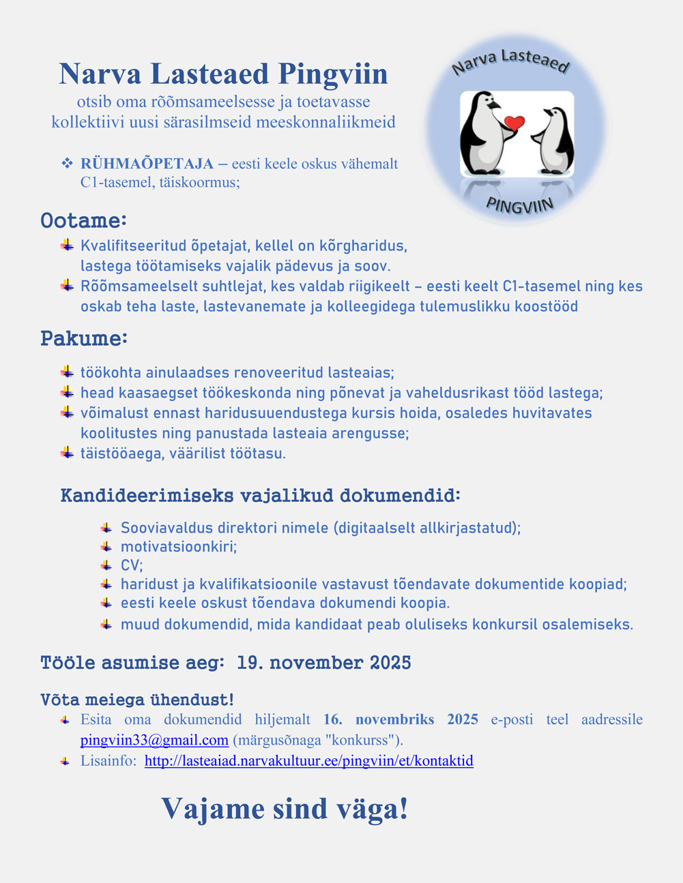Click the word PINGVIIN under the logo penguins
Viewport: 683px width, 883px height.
[520, 203]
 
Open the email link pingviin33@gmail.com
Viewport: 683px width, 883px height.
[154, 740]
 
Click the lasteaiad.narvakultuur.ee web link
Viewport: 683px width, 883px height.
[308, 761]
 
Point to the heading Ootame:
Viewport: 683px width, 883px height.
[84, 221]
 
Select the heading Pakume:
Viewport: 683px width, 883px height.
[84, 338]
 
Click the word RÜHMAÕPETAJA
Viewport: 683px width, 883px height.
[147, 164]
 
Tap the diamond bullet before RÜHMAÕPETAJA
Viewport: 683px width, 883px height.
[67, 164]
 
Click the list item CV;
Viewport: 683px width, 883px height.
[132, 565]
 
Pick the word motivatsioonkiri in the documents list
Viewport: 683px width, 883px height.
[178, 547]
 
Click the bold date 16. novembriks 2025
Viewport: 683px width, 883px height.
[401, 720]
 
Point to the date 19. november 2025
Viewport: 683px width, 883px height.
[324, 663]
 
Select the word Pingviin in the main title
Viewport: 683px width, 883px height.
[334, 74]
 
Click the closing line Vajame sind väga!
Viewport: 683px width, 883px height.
[285, 809]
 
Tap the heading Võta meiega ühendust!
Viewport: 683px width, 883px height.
[137, 700]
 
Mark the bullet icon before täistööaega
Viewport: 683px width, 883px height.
[67, 452]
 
